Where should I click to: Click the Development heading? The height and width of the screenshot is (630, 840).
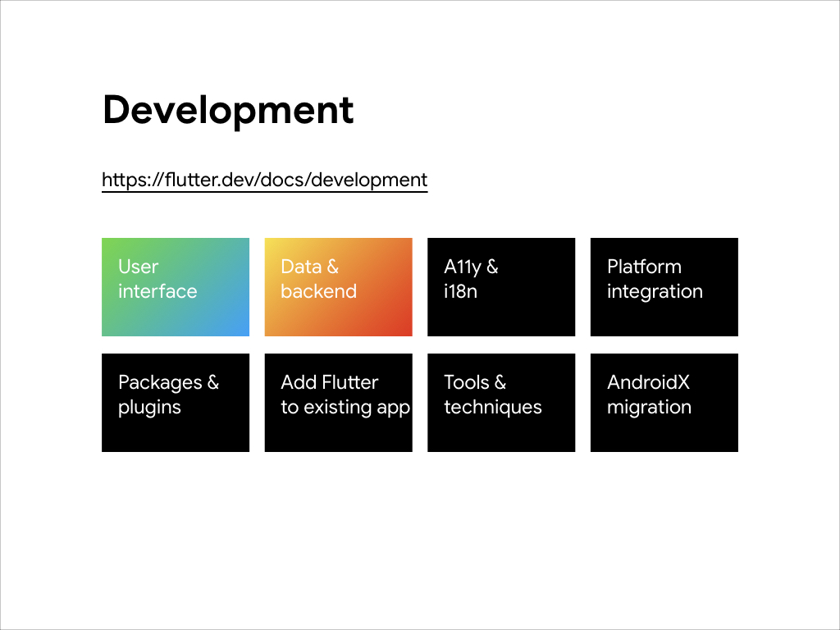click(x=228, y=111)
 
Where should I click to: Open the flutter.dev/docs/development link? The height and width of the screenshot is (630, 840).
click(x=265, y=180)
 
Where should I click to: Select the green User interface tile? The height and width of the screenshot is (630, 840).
click(x=176, y=287)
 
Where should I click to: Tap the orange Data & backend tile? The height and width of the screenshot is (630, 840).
click(x=339, y=287)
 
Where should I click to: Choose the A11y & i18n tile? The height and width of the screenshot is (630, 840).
click(x=501, y=287)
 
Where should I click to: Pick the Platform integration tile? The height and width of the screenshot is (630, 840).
click(x=664, y=287)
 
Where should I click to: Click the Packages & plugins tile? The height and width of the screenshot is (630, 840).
click(x=176, y=403)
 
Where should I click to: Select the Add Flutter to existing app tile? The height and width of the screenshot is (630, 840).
click(x=339, y=403)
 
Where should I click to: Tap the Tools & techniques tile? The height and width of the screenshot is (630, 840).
click(x=501, y=403)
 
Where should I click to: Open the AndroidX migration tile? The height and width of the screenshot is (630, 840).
click(x=664, y=403)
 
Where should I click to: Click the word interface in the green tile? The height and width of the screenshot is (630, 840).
click(x=157, y=291)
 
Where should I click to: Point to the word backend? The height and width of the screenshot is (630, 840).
click(x=319, y=291)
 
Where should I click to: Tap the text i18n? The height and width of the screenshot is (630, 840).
click(x=461, y=291)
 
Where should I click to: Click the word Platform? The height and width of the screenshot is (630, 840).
click(x=645, y=267)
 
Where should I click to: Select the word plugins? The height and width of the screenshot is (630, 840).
click(x=149, y=408)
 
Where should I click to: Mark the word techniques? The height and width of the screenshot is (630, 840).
click(x=493, y=407)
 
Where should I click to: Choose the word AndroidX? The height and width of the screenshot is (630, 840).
click(x=648, y=382)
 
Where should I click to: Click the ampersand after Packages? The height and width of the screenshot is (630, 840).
click(x=213, y=382)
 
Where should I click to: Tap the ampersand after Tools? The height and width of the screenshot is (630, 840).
click(x=500, y=382)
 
